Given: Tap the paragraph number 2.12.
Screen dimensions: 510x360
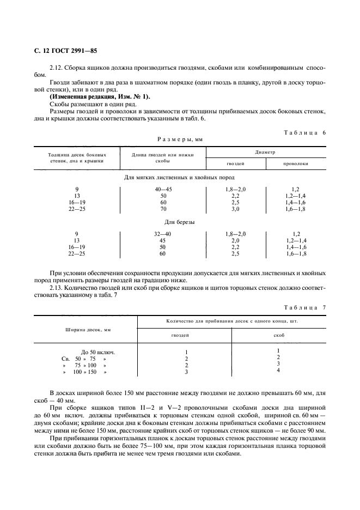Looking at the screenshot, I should point(56,68).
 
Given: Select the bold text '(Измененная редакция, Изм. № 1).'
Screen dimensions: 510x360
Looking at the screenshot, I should point(88,96).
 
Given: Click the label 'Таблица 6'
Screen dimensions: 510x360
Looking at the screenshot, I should point(305,132).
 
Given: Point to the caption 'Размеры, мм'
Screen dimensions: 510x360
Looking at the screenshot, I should point(180,139).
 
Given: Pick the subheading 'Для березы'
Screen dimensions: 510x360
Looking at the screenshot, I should point(180,222).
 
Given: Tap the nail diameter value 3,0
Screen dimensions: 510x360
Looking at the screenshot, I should point(235,209).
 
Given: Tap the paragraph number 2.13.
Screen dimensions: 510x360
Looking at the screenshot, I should point(56,286).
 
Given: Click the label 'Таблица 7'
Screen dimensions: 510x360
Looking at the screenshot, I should point(305,307).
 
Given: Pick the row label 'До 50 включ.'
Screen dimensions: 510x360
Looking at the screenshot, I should point(98,352).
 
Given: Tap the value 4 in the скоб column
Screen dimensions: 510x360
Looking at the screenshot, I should point(278,371).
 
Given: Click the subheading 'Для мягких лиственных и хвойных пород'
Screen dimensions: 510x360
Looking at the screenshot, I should point(180,178).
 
